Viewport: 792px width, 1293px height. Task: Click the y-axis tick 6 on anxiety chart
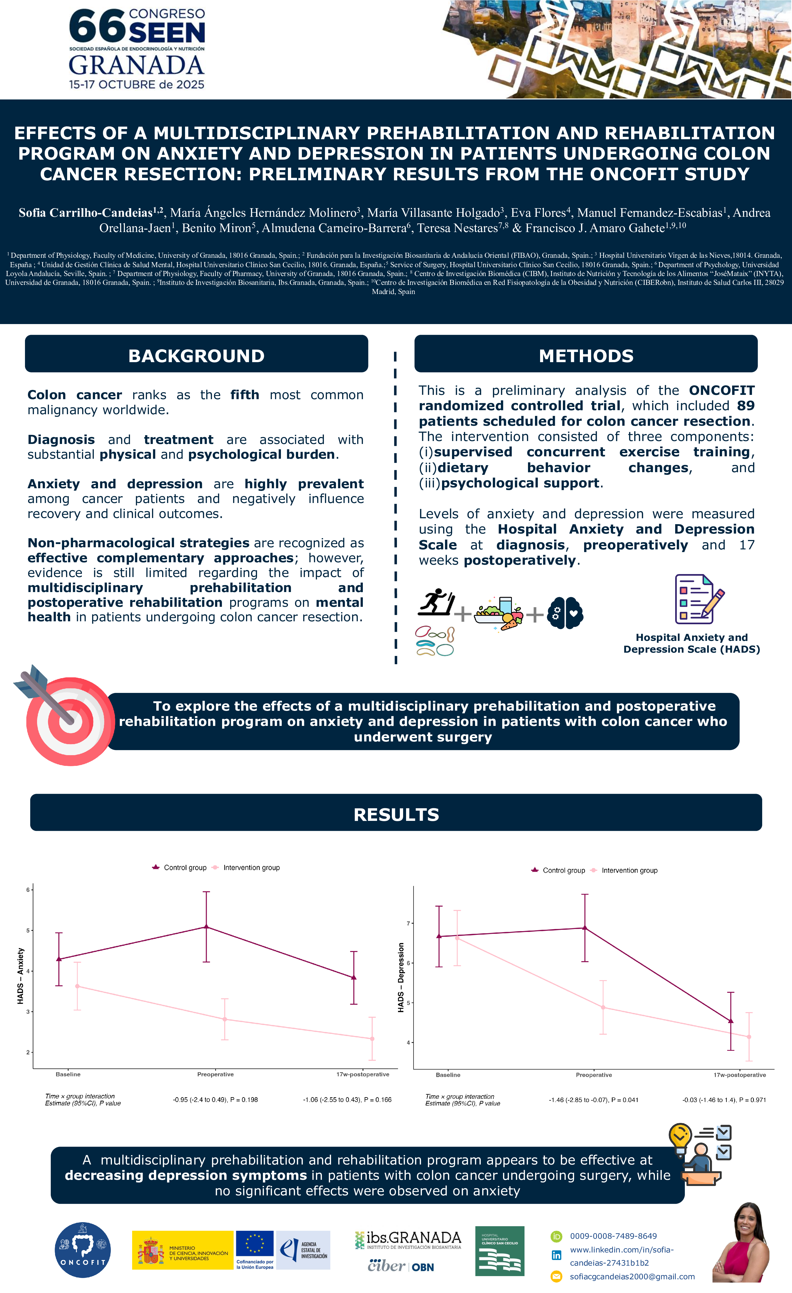(x=28, y=890)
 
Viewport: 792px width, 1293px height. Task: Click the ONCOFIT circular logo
(x=82, y=1250)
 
